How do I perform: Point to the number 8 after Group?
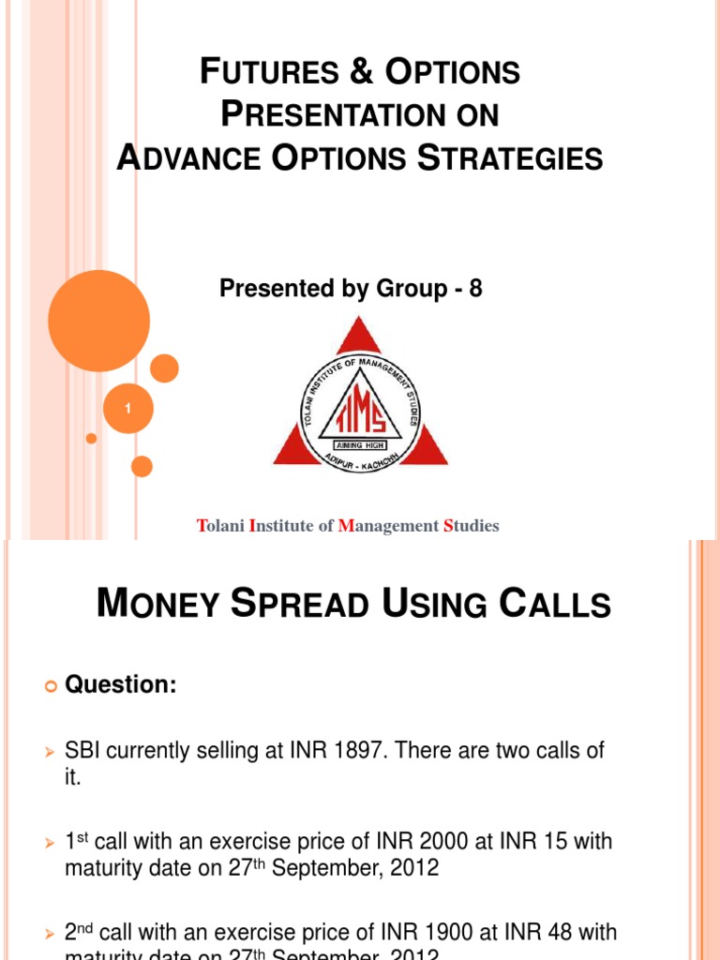475,289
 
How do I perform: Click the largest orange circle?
98,321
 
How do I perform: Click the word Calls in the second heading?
555,605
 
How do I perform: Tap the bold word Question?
120,685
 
